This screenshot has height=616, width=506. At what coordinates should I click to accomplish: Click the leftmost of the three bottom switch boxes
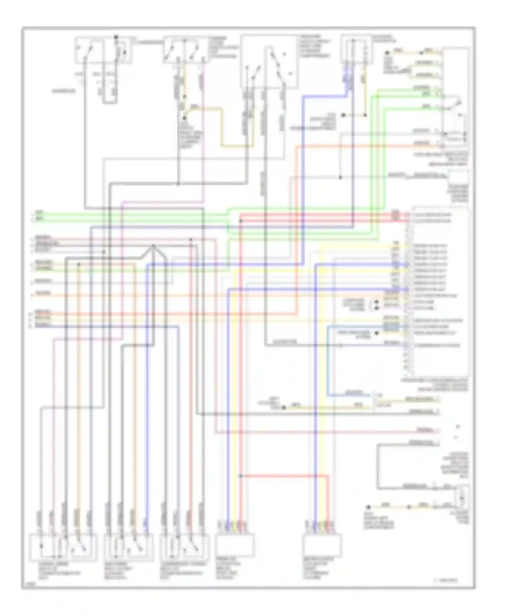[63, 547]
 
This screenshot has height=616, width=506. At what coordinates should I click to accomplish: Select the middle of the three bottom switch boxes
[128, 547]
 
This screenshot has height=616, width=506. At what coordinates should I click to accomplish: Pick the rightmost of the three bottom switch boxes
[184, 547]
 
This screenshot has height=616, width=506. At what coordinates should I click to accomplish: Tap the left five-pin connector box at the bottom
[234, 545]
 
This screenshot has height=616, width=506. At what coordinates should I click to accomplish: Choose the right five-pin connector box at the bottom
[322, 545]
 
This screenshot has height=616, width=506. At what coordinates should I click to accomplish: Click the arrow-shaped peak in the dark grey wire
[153, 246]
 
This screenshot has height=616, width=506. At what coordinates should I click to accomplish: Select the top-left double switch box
[103, 50]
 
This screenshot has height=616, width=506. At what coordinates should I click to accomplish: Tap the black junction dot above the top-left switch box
[116, 36]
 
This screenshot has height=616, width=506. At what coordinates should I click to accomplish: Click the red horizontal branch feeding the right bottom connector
[283, 476]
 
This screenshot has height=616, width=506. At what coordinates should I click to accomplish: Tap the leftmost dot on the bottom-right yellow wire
[368, 507]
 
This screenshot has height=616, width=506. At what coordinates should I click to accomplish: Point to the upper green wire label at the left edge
[39, 213]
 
